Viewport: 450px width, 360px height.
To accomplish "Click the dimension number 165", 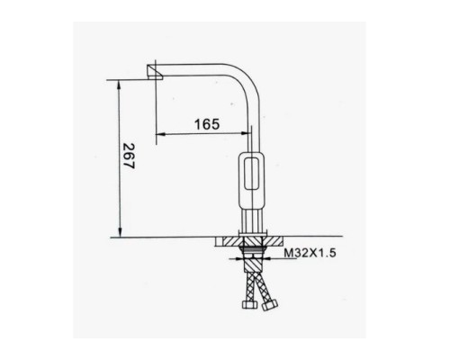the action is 207,124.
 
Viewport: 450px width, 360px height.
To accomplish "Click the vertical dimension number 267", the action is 130,156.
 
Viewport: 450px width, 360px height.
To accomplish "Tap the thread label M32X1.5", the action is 310,253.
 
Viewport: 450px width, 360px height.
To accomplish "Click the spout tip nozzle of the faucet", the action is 154,72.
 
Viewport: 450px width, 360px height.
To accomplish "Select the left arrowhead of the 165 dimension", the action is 161,134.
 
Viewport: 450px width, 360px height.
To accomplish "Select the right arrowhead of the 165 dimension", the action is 245,133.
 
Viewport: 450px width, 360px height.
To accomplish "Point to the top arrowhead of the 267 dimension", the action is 120,85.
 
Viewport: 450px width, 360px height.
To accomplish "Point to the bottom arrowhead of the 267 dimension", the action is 120,232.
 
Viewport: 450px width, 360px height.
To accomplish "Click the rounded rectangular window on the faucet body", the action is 252,174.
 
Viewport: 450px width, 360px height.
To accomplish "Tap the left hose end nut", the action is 249,304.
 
